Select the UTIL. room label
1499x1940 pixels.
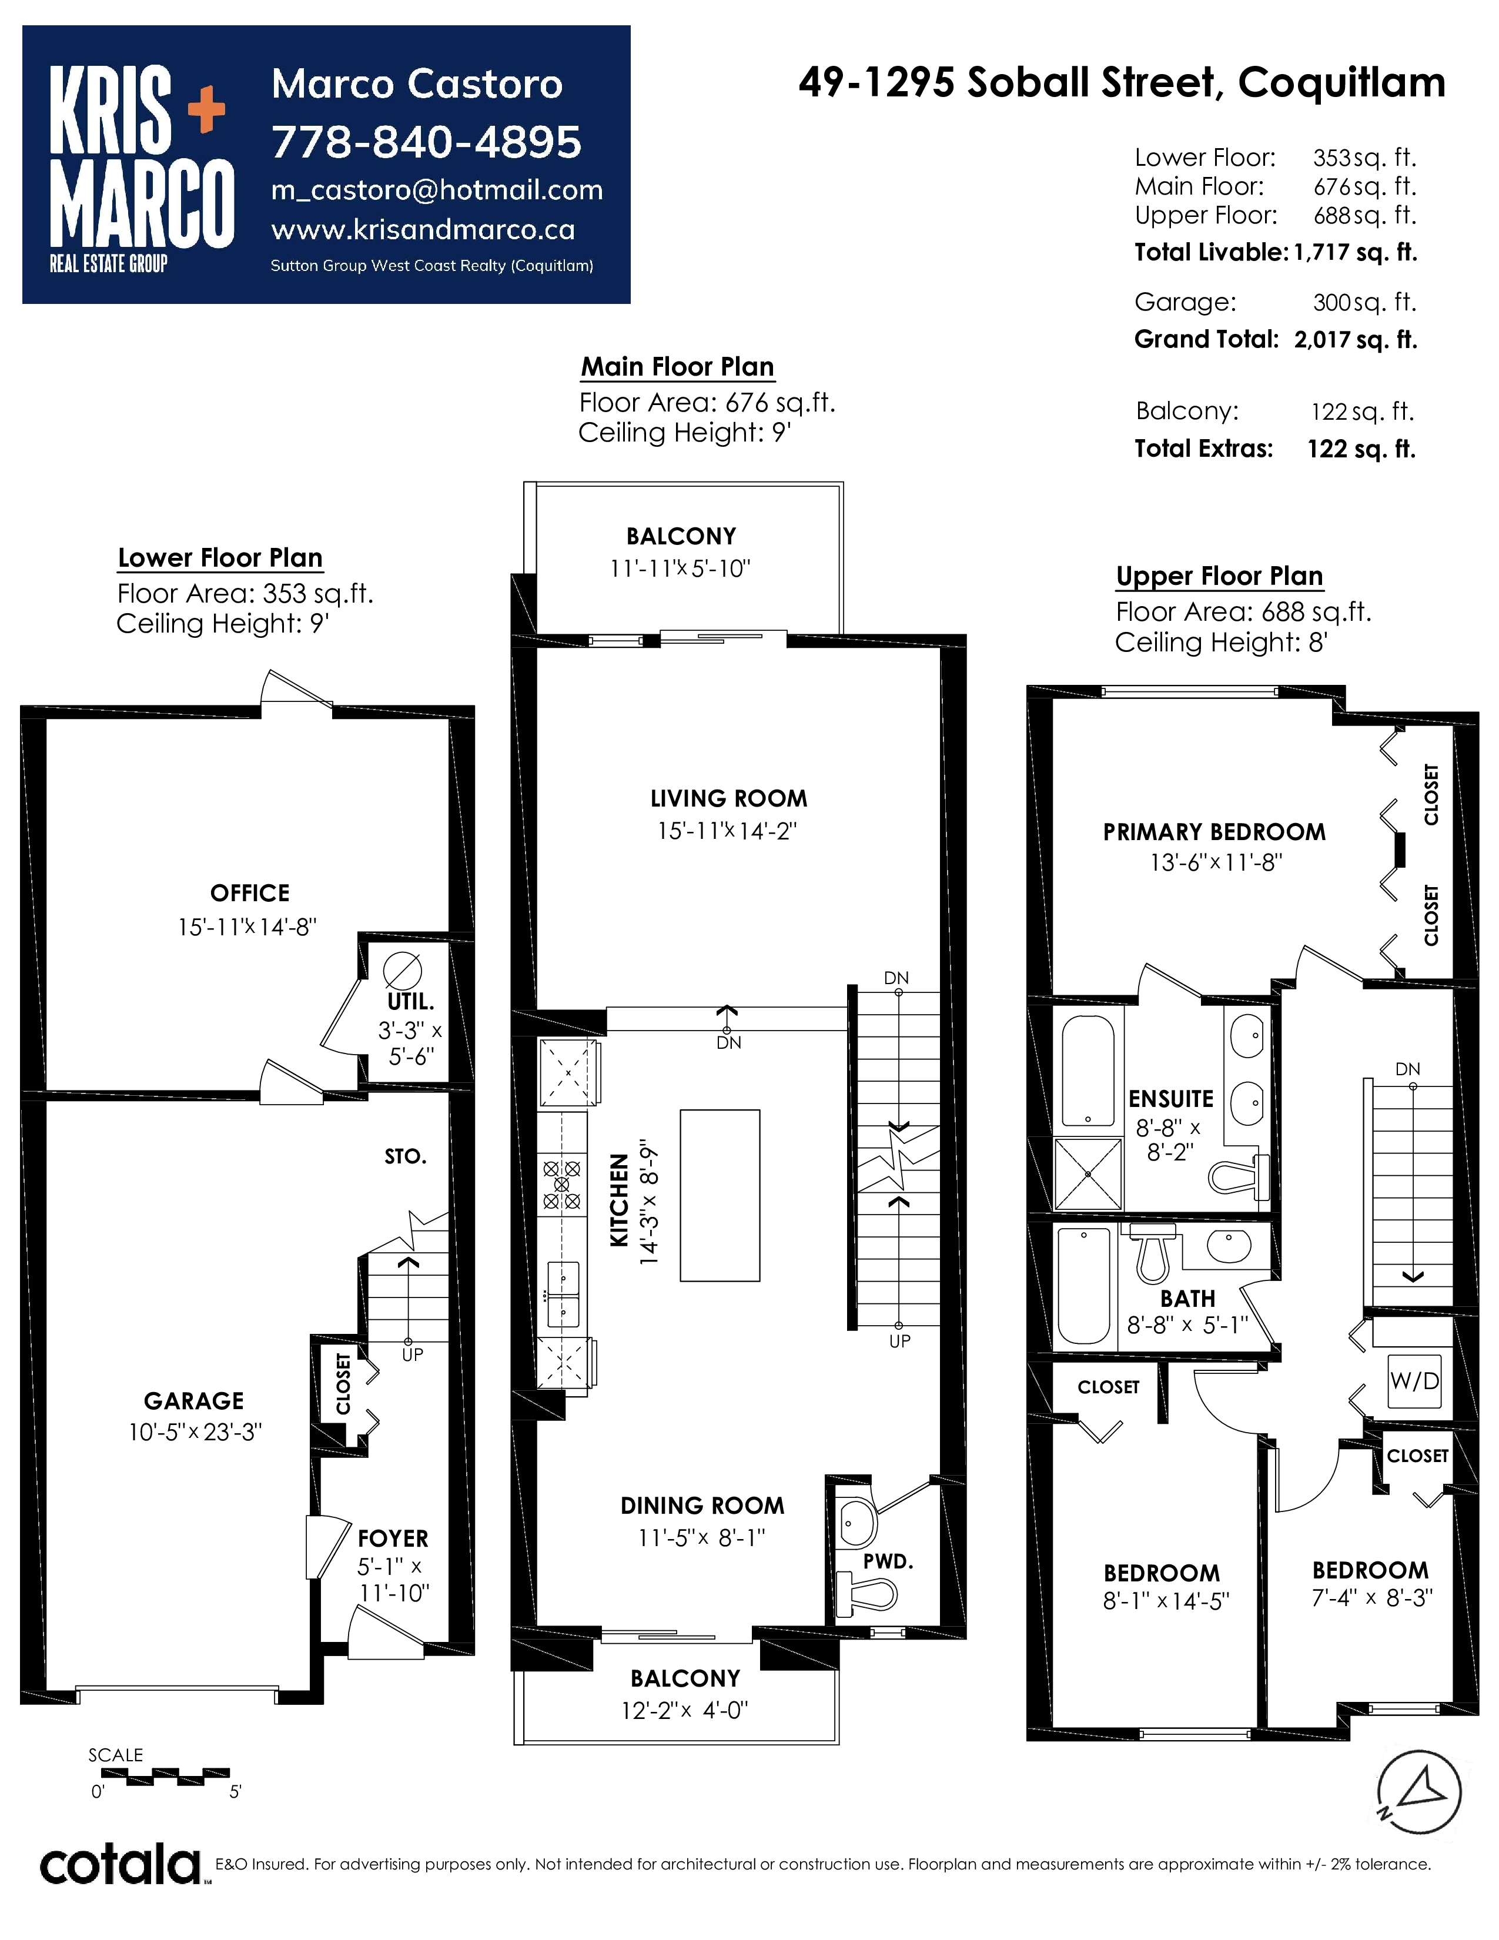coord(410,1001)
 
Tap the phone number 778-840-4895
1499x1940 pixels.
coord(426,142)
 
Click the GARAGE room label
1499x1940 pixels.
coord(193,1401)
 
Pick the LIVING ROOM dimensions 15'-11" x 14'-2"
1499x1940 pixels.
coord(727,831)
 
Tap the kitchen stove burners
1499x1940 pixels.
coord(561,1184)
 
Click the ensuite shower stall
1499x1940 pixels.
coord(1088,1175)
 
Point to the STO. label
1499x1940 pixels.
coord(406,1156)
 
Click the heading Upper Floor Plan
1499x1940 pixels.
coord(1219,577)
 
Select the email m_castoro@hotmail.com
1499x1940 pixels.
coord(437,190)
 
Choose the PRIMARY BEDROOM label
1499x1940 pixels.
coord(1214,832)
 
